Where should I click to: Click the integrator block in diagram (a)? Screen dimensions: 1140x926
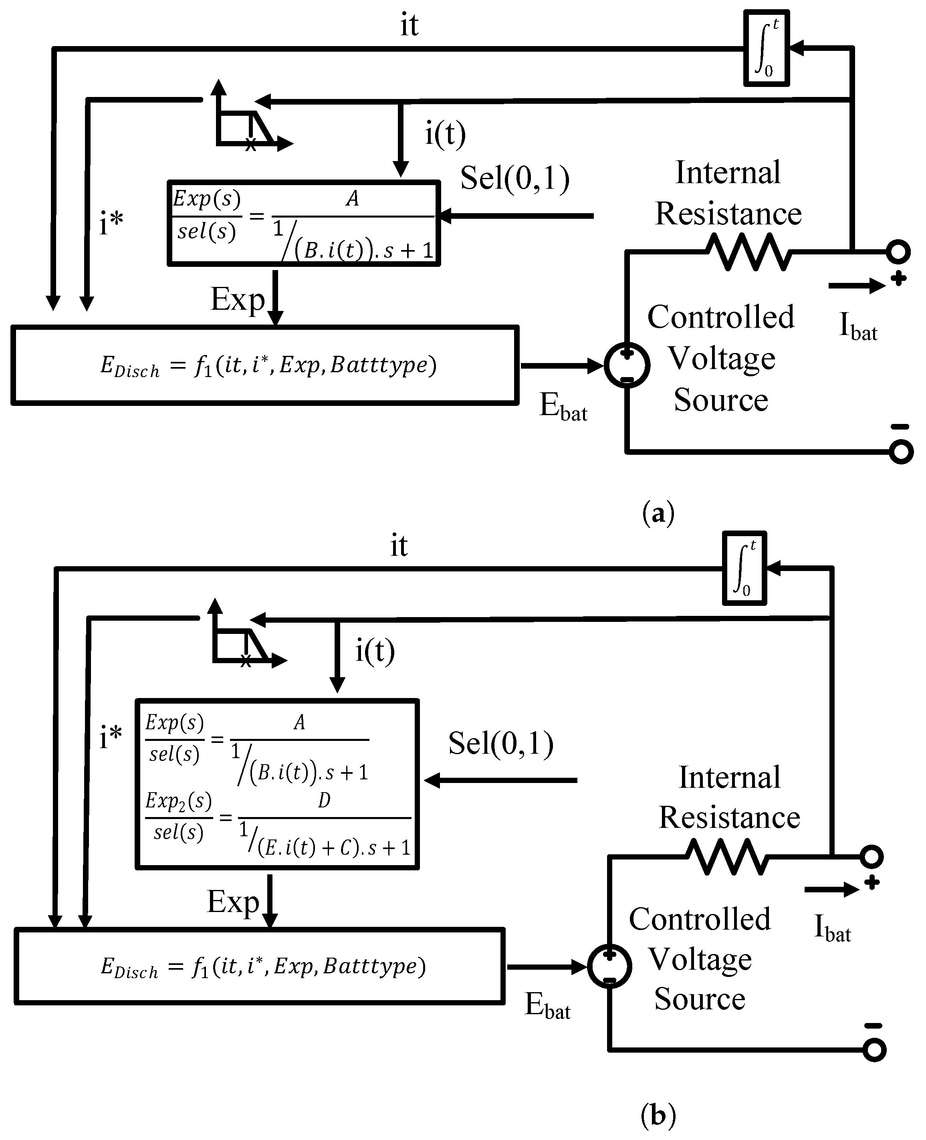767,48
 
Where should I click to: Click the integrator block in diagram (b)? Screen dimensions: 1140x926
744,568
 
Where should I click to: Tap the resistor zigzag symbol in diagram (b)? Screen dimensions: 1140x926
726,857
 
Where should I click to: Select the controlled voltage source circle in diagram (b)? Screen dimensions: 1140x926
610,966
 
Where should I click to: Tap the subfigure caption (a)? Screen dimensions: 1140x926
659,512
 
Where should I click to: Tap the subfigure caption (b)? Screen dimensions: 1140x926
659,1115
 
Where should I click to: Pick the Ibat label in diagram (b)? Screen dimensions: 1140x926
832,928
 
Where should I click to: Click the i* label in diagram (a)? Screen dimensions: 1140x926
111,222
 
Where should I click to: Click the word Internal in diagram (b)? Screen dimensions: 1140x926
729,777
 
